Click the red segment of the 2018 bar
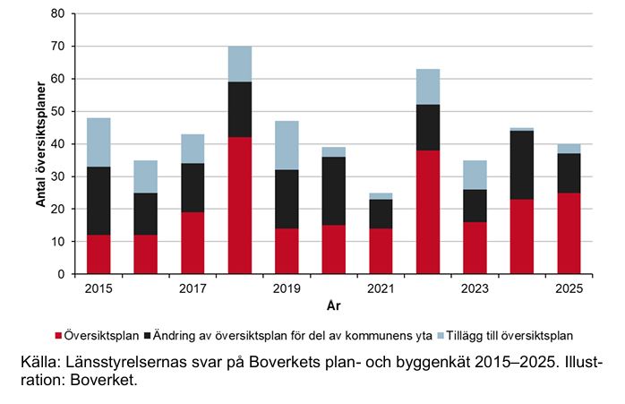239,205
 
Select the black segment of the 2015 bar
98,201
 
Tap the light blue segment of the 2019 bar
287,143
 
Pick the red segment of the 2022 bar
427,212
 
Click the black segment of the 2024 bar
521,165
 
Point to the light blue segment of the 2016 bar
145,176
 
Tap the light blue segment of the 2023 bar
475,175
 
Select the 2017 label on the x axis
193,288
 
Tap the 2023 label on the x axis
475,288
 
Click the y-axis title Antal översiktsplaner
40,143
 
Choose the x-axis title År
333,305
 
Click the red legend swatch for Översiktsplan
59,336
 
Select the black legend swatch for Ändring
147,336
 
